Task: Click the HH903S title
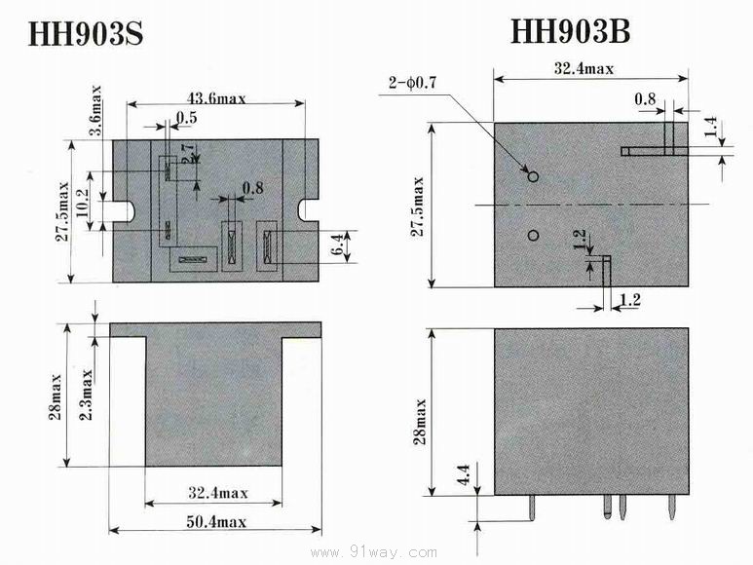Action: [x=86, y=33]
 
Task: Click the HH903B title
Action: [x=570, y=31]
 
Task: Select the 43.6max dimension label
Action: [x=216, y=99]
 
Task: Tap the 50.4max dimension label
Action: [x=216, y=522]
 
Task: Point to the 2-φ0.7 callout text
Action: [x=412, y=83]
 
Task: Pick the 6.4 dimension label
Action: [x=338, y=244]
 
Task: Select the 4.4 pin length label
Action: [x=464, y=473]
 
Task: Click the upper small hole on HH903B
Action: [x=533, y=176]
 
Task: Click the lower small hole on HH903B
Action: [x=533, y=235]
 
